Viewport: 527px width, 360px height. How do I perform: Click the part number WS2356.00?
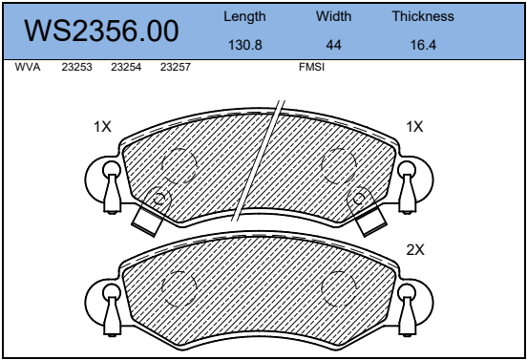[101, 31]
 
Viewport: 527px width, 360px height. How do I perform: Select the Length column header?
[244, 16]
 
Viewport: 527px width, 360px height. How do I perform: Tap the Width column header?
[333, 16]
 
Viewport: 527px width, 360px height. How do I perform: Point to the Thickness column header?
[423, 16]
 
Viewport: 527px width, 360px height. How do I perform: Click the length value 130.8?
[245, 45]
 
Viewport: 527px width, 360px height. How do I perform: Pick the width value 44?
[333, 45]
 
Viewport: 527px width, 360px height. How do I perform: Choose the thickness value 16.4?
[423, 45]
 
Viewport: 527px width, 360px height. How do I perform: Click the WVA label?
[28, 67]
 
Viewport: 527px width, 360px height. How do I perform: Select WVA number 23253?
[76, 67]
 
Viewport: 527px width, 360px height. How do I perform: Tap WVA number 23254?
[126, 67]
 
